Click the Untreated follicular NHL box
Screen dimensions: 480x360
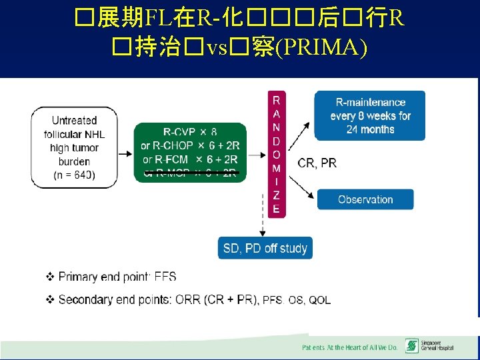click(x=74, y=147)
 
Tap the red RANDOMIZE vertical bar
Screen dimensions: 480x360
click(x=277, y=154)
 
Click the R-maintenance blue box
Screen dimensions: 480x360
click(x=370, y=116)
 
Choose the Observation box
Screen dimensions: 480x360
click(x=365, y=199)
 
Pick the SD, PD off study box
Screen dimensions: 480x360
click(x=265, y=248)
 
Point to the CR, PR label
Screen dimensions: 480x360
click(x=317, y=163)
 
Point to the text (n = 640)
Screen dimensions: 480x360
click(x=74, y=175)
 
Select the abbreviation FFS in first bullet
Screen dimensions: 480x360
click(x=165, y=277)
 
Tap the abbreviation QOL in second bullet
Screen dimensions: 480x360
click(x=319, y=301)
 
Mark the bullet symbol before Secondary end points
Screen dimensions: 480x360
click(x=50, y=300)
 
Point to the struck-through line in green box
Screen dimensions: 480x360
click(x=191, y=173)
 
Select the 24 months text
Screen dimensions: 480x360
click(x=370, y=129)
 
